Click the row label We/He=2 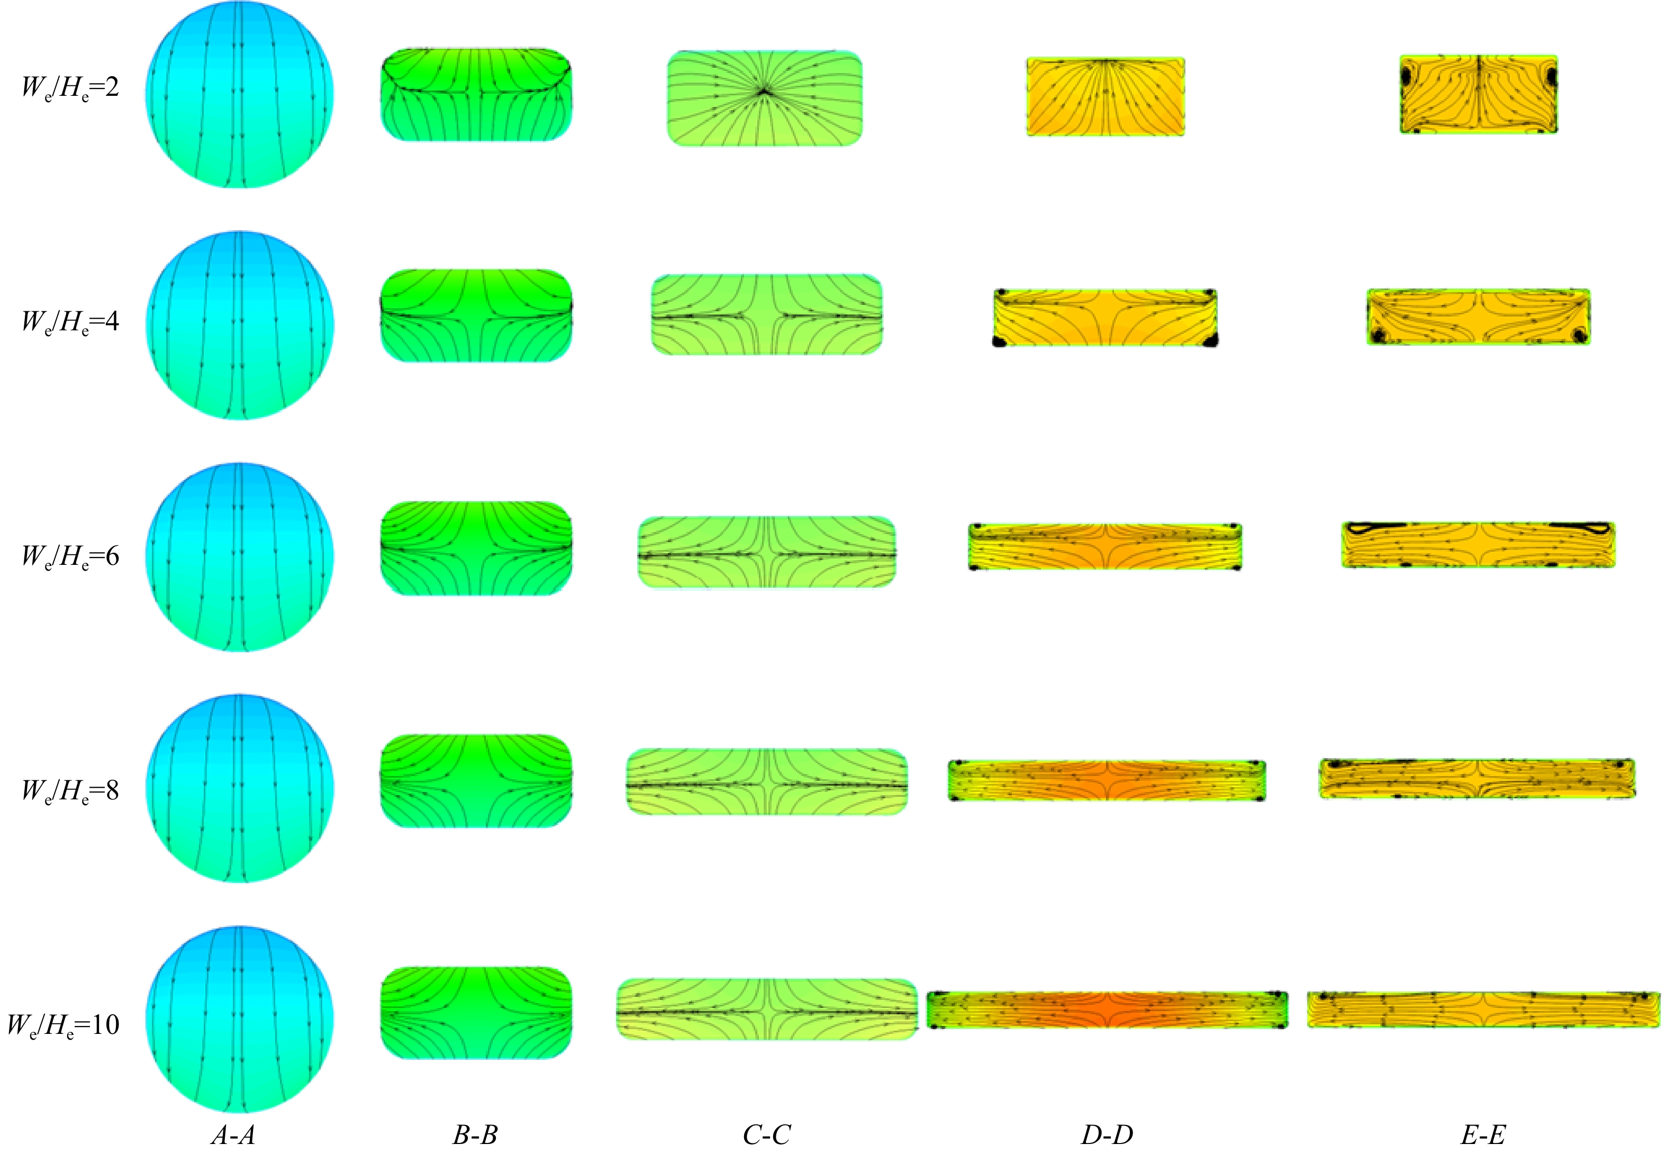pyautogui.click(x=70, y=88)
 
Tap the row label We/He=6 pyautogui.click(x=70, y=557)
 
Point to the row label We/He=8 pyautogui.click(x=70, y=791)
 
